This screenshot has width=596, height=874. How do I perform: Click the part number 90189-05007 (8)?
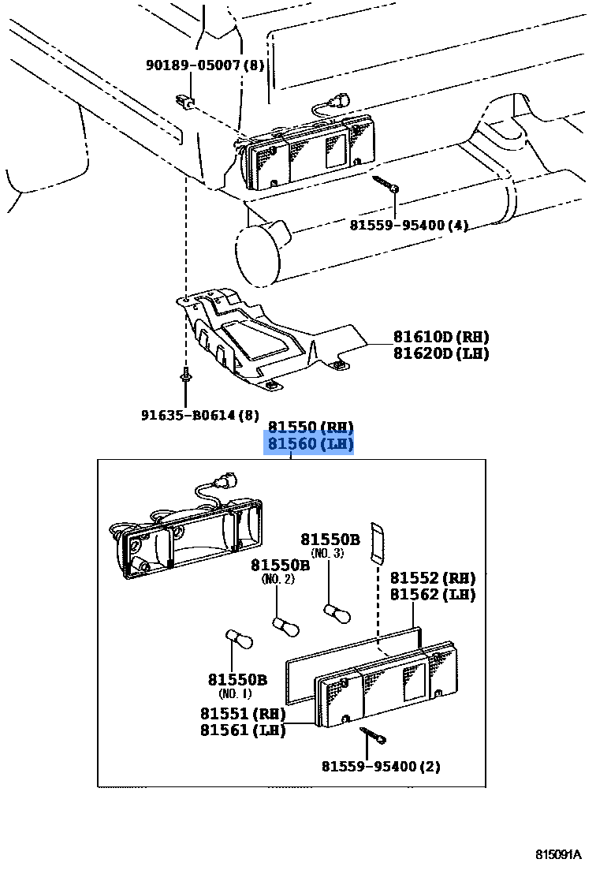point(204,65)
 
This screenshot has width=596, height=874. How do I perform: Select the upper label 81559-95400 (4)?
point(408,226)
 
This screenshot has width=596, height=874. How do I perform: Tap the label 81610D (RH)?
point(441,337)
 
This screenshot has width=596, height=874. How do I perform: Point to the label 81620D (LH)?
point(441,353)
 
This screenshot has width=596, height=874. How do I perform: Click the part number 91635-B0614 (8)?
point(199,415)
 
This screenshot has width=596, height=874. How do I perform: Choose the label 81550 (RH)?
point(310,428)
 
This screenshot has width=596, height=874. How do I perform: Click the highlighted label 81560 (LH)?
point(310,445)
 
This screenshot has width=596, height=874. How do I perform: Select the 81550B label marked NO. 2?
point(280,566)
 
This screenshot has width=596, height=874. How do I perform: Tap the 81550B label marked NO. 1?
point(237,680)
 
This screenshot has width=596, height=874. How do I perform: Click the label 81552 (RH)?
point(432,578)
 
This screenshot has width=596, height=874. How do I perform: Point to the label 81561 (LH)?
point(242,730)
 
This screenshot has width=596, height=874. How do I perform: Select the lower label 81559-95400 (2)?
point(381,767)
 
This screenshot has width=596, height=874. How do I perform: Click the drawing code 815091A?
point(558,856)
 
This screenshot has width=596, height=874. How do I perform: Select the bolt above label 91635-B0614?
point(184,375)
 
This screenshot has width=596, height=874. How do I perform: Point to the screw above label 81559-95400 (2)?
point(374,735)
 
